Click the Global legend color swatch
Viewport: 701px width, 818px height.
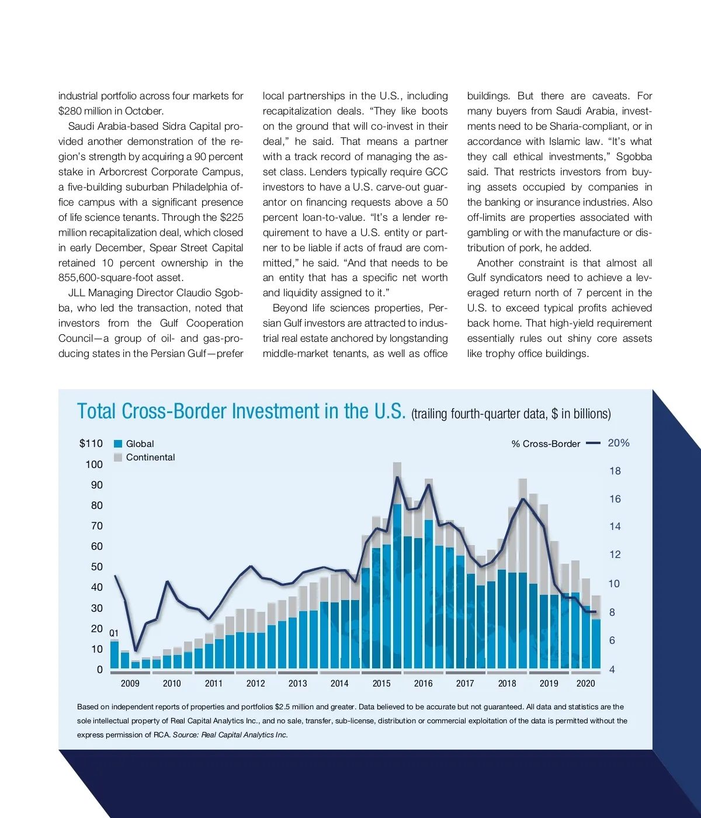coord(118,444)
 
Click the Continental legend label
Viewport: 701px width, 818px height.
coord(150,457)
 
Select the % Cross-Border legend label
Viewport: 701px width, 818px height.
coord(546,444)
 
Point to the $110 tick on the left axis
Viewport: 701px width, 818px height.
coord(91,443)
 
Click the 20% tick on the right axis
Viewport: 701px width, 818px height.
coord(619,443)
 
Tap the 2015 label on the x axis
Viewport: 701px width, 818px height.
coord(381,683)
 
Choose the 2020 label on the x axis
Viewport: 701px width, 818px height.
coord(585,683)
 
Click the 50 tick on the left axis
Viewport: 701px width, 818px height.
coord(97,567)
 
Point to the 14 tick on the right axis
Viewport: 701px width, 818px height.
coord(615,526)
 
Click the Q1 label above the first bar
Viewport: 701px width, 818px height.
coord(114,633)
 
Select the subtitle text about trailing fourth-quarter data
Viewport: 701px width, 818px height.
coord(511,414)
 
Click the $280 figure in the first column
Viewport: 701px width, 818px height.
coord(71,111)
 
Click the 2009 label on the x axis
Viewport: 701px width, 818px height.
coord(130,683)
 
